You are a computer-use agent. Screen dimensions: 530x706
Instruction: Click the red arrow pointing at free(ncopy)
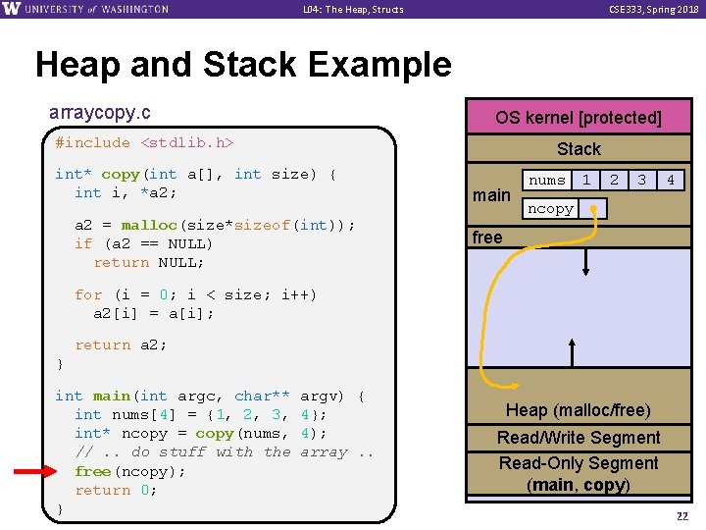coord(38,471)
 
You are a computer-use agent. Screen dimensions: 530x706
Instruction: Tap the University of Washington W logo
coord(12,9)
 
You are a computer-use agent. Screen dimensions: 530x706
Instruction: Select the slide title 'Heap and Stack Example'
coord(243,65)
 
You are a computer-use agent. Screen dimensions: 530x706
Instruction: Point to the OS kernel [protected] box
coord(578,118)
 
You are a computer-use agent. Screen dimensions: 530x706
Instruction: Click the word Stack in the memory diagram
coord(579,149)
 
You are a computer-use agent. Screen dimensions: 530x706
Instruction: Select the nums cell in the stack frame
coord(547,181)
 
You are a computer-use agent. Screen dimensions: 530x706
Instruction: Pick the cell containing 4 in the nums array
coord(671,181)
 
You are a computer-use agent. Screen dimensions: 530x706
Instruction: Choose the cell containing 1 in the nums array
coord(585,181)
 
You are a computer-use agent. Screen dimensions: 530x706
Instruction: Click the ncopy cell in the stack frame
coord(550,209)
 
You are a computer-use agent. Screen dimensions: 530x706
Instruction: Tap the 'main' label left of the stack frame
coord(491,195)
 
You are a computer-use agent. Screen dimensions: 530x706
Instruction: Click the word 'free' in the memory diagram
coord(487,238)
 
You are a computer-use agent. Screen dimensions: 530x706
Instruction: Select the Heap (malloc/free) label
coord(579,410)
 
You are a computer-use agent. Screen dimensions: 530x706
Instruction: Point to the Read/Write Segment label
coord(579,438)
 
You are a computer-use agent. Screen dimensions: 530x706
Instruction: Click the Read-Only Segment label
coord(579,463)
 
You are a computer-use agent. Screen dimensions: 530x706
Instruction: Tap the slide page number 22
coord(681,516)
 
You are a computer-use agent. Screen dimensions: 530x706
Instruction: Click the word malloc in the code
coord(149,225)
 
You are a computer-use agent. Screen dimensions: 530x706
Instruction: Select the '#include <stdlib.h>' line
coord(144,143)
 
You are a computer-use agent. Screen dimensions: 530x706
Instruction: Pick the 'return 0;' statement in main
coord(116,490)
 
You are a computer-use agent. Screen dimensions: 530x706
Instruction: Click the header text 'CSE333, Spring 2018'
coord(649,9)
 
